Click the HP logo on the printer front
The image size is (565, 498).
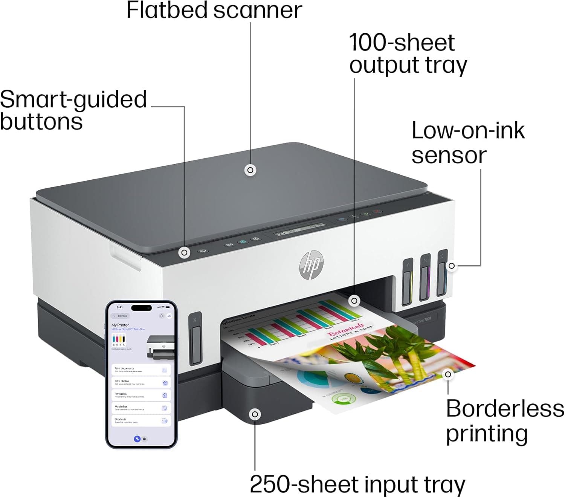point(311,265)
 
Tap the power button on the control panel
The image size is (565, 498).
point(203,251)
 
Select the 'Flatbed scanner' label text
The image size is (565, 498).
point(214,11)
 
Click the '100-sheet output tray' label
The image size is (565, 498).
point(408,53)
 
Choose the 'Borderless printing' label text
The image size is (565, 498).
point(505,421)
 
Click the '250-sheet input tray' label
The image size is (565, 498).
point(357,484)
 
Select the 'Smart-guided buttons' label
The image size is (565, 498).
point(73,110)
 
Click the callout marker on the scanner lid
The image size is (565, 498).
point(250,170)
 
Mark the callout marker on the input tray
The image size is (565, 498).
point(255,414)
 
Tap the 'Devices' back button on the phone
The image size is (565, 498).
point(121,316)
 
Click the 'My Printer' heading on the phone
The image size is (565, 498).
point(120,325)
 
